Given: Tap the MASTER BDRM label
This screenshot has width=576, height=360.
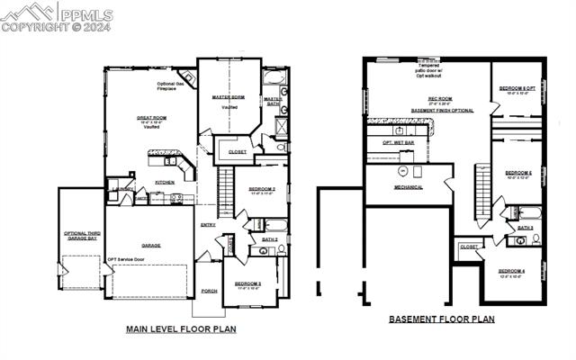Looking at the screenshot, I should (228, 97).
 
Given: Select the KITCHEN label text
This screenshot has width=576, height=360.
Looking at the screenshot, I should (165, 182).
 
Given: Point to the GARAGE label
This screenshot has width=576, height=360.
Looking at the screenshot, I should (150, 244).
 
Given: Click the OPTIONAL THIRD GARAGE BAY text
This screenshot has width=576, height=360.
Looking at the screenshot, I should (82, 237).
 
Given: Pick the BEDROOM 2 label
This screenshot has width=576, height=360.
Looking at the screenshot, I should (261, 189).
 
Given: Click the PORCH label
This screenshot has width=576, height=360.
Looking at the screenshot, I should (209, 291).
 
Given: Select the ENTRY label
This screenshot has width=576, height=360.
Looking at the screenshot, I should (208, 224).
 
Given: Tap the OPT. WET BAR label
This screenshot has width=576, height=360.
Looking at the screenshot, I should (399, 142).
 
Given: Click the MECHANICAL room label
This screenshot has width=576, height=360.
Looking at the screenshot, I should (408, 187).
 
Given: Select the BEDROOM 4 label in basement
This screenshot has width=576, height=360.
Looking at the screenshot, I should (510, 271).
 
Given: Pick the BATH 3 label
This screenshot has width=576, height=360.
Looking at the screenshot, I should (525, 228).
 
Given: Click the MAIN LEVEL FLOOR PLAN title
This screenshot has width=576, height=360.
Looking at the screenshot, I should (181, 329).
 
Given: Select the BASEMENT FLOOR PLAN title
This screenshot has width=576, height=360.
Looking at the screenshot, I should (441, 319).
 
